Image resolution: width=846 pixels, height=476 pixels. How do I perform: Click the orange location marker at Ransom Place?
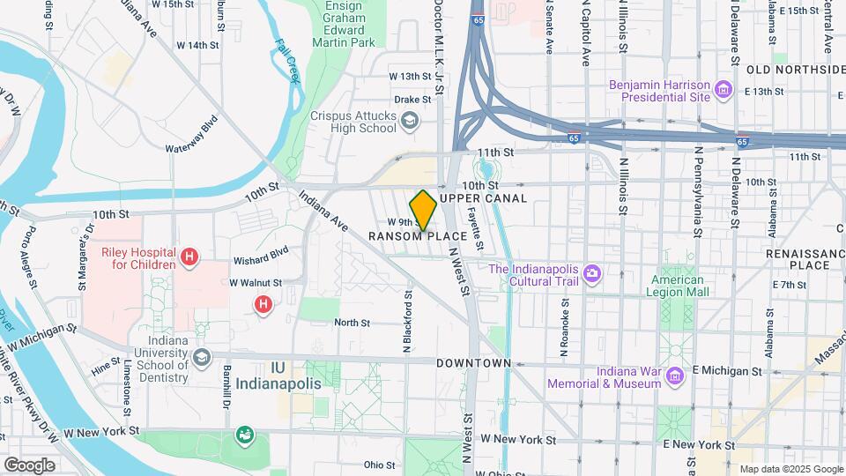(423, 210)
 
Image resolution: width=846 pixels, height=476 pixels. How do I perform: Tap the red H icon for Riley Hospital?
(188, 257)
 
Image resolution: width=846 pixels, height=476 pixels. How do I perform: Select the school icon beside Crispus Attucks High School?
(409, 121)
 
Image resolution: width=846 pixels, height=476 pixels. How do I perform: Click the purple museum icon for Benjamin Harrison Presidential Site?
(724, 89)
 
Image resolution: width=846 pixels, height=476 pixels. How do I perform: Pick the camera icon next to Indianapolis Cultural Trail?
(592, 275)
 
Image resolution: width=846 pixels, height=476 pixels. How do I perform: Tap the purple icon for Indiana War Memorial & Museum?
(675, 376)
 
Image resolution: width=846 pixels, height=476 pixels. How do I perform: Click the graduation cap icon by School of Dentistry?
(203, 357)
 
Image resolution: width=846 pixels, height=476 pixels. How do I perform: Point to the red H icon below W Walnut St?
(263, 305)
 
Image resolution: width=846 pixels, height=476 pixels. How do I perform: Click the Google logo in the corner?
(29, 465)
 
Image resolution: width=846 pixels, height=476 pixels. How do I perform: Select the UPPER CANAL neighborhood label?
(483, 198)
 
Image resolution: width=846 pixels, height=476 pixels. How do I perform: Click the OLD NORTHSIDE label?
(795, 69)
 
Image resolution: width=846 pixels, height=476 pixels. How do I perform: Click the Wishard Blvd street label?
(261, 261)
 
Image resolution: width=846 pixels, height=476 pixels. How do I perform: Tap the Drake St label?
(412, 100)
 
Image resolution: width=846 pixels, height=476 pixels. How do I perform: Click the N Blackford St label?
(408, 322)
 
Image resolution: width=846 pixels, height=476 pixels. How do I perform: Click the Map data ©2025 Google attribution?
(790, 469)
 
